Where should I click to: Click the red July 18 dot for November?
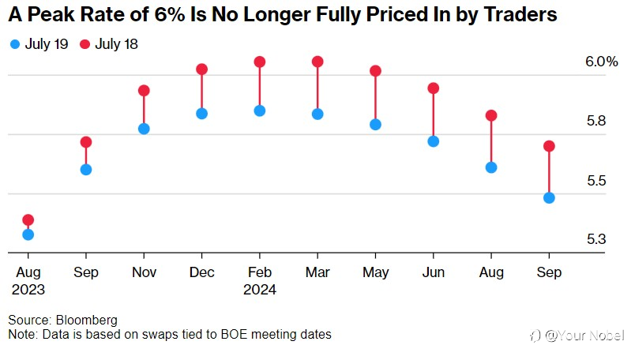coord(144,91)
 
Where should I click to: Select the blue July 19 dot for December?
coord(201,114)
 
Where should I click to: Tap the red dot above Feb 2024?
coord(260,62)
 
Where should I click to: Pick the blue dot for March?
coord(317,114)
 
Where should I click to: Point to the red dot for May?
coord(375,71)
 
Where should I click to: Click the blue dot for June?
coord(434,141)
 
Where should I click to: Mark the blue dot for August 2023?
coord(28,234)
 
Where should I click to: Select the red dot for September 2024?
coord(550,146)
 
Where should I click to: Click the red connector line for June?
coord(434,115)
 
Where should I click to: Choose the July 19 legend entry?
coord(39,44)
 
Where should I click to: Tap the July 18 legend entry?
coord(109,44)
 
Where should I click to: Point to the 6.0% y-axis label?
coord(602,62)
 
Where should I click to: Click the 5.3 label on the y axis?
coord(596,239)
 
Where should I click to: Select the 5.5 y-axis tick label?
coord(596,181)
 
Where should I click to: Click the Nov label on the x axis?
coord(144,272)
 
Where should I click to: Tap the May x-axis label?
coord(375,272)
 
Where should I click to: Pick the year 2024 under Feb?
coord(260,290)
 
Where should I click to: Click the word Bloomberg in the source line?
coord(87,321)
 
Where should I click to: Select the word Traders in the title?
coord(520,14)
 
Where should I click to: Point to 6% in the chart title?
coord(170,14)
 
